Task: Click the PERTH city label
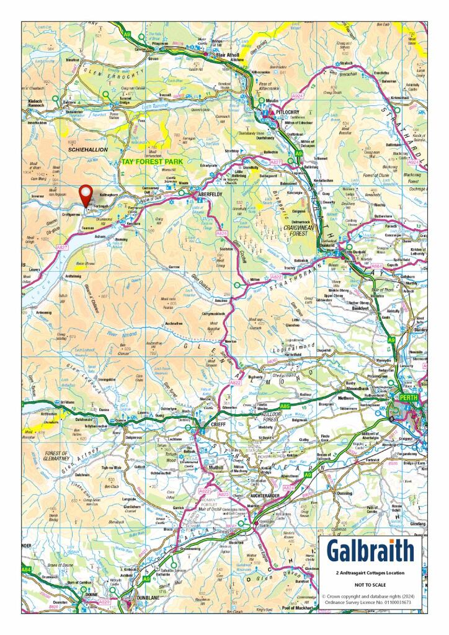pos(408,397)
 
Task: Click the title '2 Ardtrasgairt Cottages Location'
pos(370,574)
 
